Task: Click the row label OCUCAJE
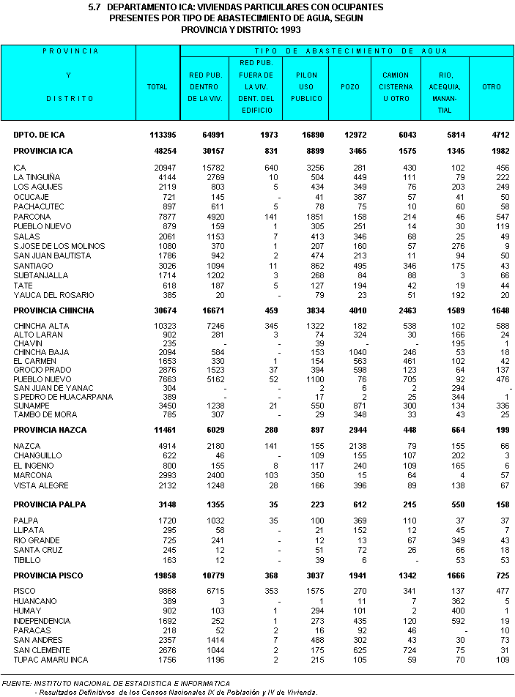32,197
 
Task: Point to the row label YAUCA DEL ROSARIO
53,295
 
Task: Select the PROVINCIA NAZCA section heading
50,430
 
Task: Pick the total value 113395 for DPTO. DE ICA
160,135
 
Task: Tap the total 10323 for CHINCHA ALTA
163,326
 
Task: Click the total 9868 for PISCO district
164,591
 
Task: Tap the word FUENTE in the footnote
17,683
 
